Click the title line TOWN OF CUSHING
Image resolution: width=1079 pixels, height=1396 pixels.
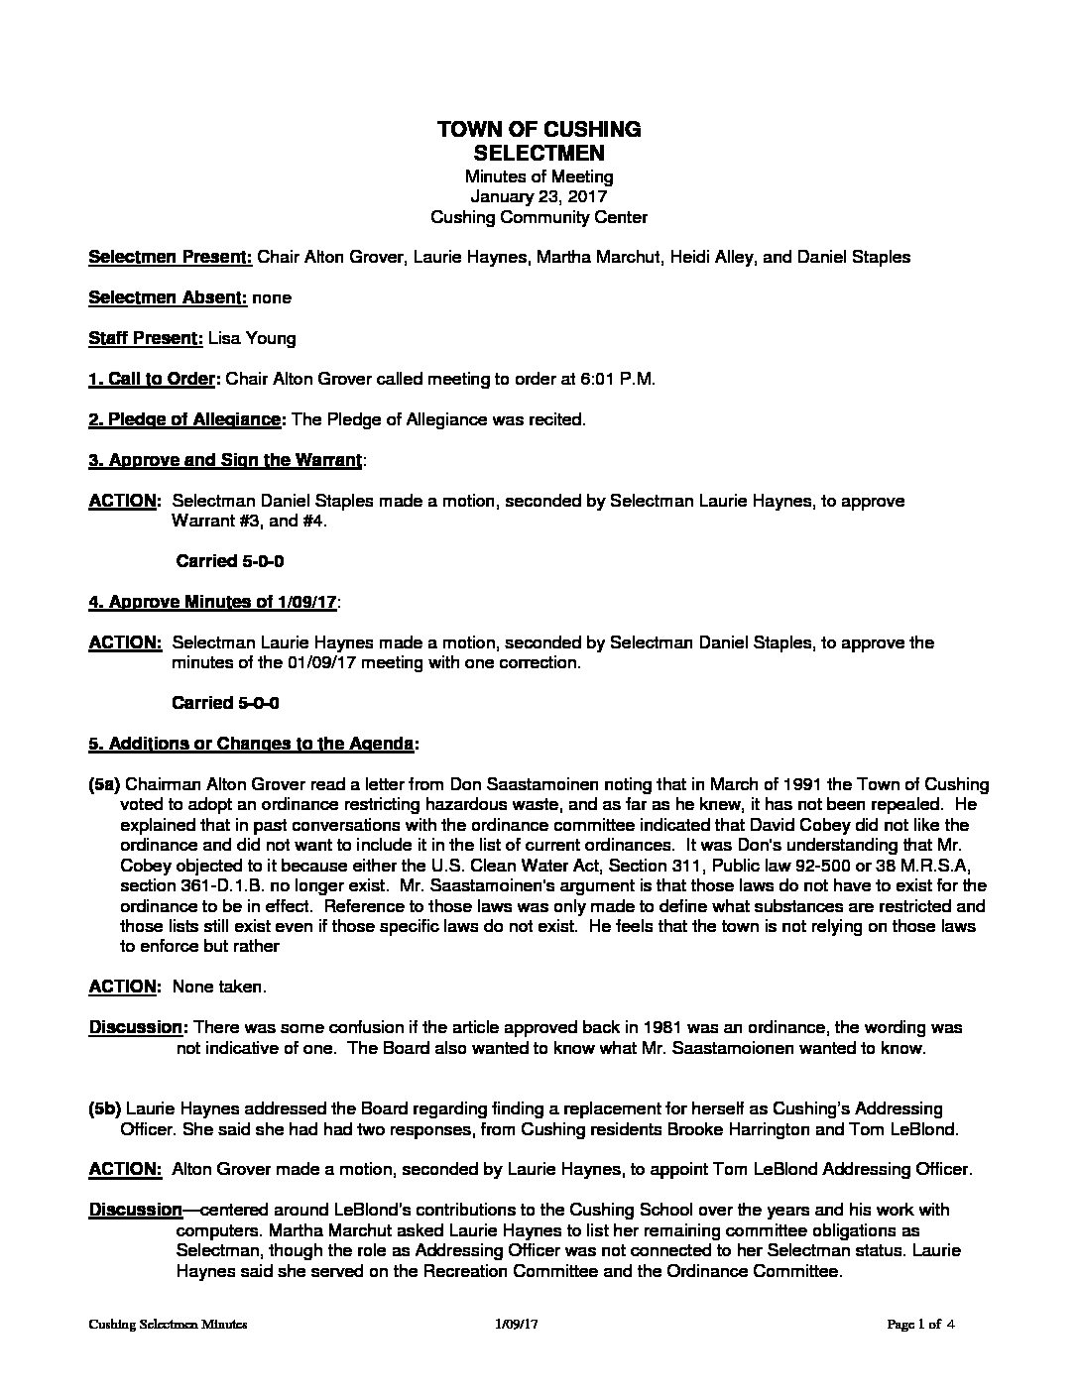coord(539,129)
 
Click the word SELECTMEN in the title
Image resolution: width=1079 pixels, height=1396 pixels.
coord(539,154)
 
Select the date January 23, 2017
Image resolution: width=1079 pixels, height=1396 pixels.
coord(539,196)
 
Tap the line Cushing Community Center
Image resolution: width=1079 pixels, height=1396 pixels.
coord(539,216)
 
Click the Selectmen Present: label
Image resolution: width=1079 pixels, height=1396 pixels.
coord(171,257)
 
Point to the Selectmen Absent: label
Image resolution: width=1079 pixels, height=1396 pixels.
coord(168,297)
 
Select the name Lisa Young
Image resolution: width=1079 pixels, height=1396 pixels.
coord(252,338)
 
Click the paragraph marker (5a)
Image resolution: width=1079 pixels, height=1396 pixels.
coord(105,784)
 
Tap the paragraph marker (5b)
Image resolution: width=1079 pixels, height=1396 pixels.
coord(105,1107)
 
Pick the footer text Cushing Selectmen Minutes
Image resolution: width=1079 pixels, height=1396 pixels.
coord(168,1324)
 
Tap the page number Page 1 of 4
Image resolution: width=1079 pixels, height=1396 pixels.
coord(921,1324)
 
